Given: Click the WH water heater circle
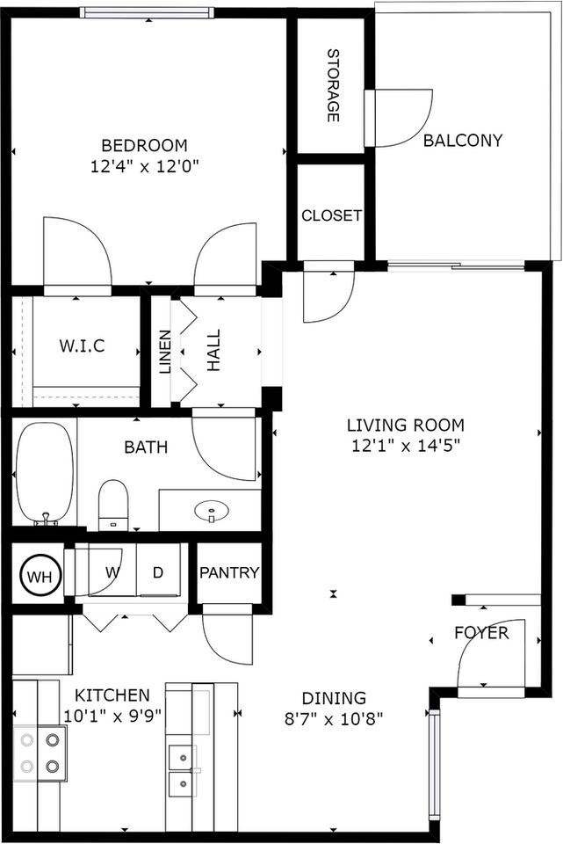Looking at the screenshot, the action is click(39, 577).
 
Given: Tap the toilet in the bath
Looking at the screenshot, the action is click(113, 505).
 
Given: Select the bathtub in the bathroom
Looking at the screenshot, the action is click(44, 474).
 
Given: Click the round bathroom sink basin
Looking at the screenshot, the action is click(212, 510).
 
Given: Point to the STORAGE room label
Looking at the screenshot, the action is click(334, 85).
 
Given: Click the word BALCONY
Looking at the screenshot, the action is click(463, 141).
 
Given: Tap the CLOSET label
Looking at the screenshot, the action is click(331, 215).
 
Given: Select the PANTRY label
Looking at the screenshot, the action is click(229, 572).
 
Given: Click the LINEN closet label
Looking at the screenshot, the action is click(165, 352).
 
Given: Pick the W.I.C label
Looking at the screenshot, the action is click(82, 346).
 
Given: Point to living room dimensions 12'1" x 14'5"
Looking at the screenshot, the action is click(406, 446).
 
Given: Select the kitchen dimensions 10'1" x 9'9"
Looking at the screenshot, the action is click(113, 717).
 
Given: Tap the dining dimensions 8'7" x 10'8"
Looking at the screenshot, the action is click(334, 718).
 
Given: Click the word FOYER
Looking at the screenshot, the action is click(481, 632).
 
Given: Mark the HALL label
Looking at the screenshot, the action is click(214, 351).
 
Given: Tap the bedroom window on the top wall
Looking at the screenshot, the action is click(147, 11).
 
